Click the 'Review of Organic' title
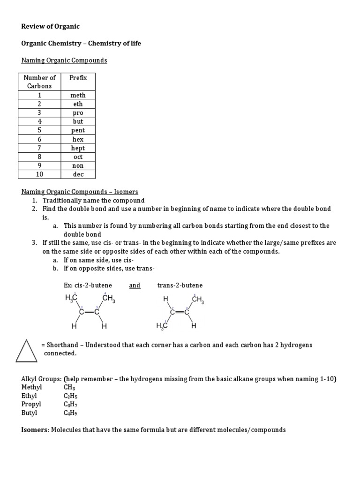click(50, 26)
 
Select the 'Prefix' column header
click(78, 78)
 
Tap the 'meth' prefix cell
click(78, 95)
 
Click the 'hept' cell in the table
click(78, 148)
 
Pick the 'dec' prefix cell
click(78, 174)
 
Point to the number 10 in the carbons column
click(39, 174)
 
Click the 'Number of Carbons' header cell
click(39, 82)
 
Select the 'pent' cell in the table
click(78, 130)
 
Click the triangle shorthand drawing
click(26, 351)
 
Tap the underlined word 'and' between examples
click(135, 285)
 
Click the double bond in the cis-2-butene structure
click(88, 312)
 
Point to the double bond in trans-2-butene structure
click(180, 312)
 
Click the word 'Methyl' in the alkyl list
click(31, 387)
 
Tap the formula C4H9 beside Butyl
click(70, 413)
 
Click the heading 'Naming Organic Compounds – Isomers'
click(80, 192)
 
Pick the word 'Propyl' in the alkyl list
click(31, 404)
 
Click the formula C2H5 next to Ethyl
click(70, 396)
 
